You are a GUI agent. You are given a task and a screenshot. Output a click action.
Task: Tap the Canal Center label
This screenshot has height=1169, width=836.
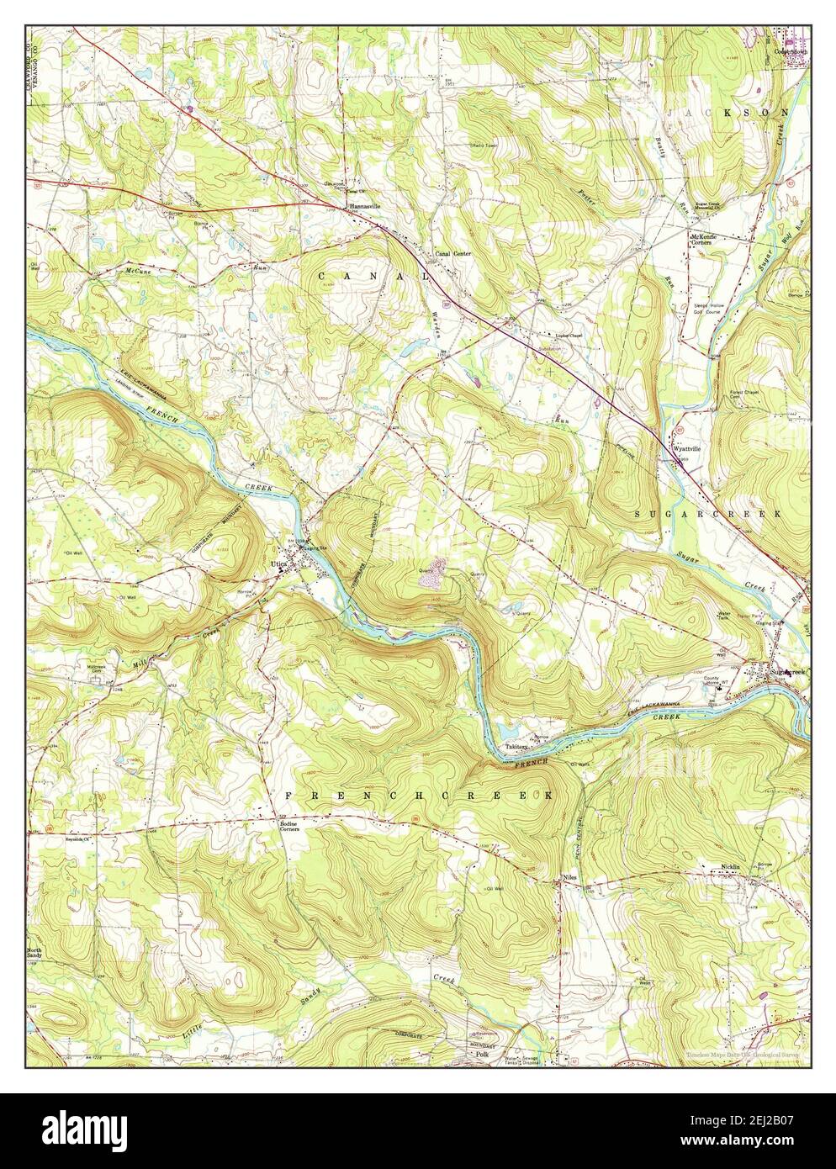452,253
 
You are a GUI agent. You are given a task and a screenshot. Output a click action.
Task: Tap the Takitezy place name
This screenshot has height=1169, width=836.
516,746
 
